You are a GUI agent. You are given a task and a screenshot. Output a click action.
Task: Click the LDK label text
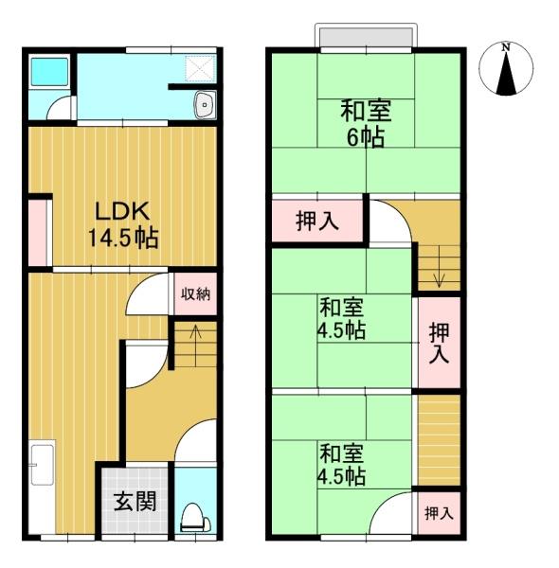(x=122, y=211)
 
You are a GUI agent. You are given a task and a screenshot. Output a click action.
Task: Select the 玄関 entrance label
(x=135, y=502)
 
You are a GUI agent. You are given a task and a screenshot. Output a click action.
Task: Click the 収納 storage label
(x=195, y=293)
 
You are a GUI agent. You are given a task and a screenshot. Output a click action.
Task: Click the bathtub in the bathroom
(x=49, y=72)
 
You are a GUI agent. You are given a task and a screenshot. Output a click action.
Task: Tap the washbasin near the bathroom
(x=206, y=105)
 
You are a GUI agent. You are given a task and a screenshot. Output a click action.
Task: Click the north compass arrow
(x=506, y=73)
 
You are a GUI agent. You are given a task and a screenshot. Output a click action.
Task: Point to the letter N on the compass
(x=506, y=46)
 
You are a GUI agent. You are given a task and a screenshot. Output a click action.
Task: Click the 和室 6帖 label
(x=366, y=124)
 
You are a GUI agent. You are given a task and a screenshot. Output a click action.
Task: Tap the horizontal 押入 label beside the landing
(x=317, y=221)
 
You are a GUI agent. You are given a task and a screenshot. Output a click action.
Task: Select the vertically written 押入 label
(x=440, y=343)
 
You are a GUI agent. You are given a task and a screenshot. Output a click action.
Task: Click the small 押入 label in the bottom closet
(x=439, y=512)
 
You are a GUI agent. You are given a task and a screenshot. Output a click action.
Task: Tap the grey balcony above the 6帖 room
(x=366, y=37)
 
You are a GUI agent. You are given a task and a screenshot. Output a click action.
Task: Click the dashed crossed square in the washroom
(x=201, y=68)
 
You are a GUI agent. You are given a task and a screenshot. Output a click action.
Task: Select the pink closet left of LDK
(x=38, y=233)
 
